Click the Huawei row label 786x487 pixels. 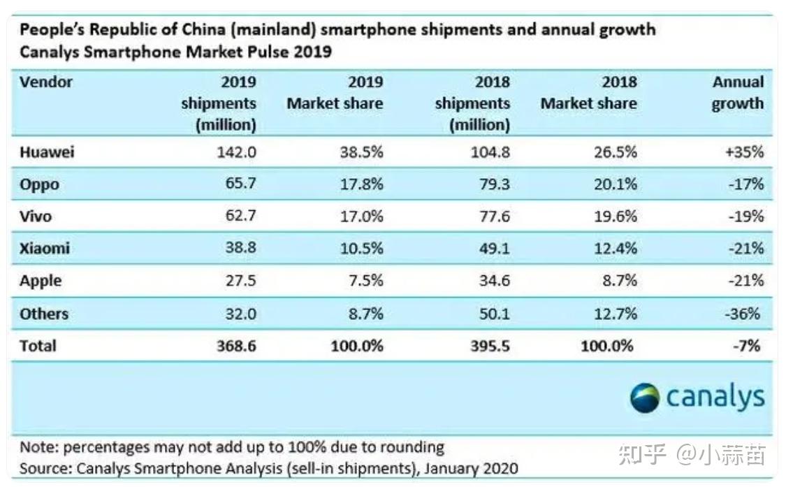click(46, 152)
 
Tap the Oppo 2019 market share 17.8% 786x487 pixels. click(361, 184)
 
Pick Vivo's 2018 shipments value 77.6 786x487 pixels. click(493, 216)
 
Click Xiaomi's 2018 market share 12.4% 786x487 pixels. click(614, 248)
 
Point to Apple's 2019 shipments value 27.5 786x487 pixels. click(238, 281)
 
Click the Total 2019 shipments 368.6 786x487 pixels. click(233, 345)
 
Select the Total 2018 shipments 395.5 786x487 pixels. click(487, 345)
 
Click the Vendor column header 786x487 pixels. click(45, 82)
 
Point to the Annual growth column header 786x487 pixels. click(738, 93)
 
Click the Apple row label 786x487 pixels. click(41, 281)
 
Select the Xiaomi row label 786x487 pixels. click(45, 248)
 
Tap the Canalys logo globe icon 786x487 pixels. click(644, 398)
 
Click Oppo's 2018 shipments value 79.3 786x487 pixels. click(493, 184)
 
